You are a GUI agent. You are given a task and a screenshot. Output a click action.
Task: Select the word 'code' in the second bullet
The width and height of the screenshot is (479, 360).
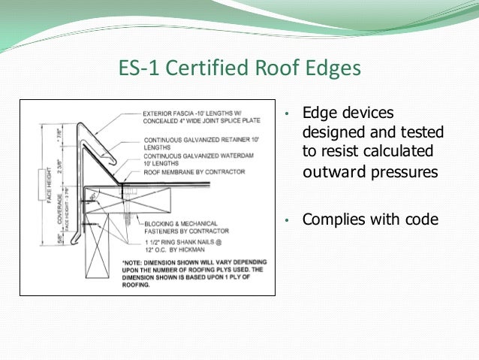click(x=421, y=220)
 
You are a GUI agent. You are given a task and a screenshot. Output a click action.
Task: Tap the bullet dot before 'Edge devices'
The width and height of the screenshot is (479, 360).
click(x=287, y=115)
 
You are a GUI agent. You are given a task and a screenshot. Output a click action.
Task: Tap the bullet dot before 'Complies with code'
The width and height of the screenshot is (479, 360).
click(x=287, y=222)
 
